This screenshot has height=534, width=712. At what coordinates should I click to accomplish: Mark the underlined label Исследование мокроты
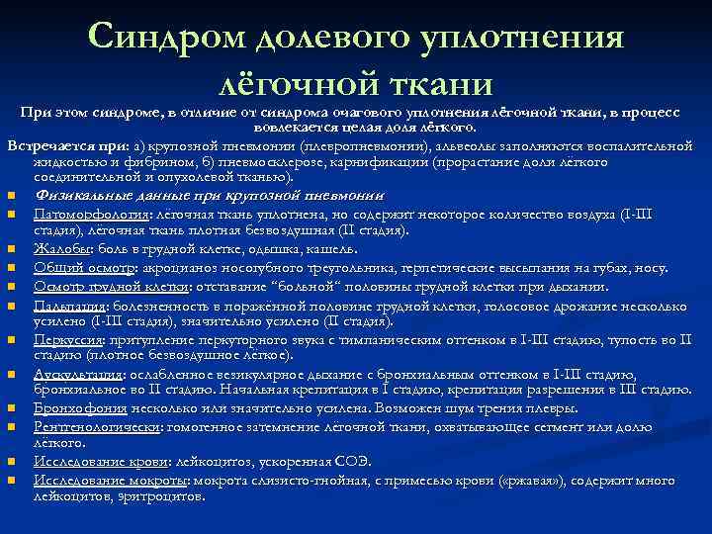(x=112, y=480)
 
